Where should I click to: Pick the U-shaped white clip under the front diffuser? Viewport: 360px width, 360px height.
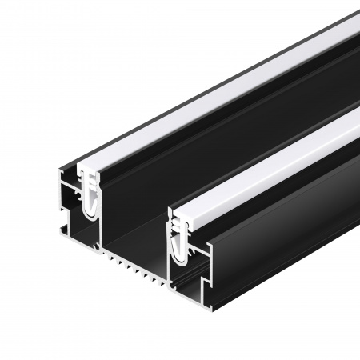point(179,240)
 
